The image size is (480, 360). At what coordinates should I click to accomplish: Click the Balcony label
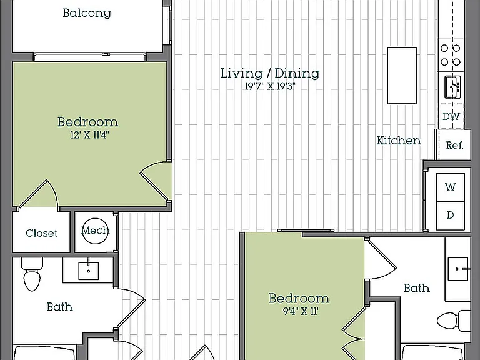pyautogui.click(x=87, y=13)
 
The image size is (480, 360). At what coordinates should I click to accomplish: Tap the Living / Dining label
pyautogui.click(x=270, y=74)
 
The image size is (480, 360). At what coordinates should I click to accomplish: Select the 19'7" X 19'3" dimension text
pyautogui.click(x=270, y=87)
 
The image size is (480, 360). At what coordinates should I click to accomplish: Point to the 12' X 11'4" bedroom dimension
pyautogui.click(x=89, y=135)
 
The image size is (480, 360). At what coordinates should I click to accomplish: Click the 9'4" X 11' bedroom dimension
pyautogui.click(x=300, y=311)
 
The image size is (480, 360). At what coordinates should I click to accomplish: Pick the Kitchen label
pyautogui.click(x=399, y=141)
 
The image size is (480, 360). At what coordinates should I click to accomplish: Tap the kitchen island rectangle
pyautogui.click(x=402, y=76)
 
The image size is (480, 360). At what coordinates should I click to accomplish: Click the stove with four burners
pyautogui.click(x=450, y=55)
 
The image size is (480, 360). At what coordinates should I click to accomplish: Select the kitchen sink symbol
pyautogui.click(x=452, y=87)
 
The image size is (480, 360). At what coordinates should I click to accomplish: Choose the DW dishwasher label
pyautogui.click(x=451, y=116)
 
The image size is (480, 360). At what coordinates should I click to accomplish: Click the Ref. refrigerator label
pyautogui.click(x=454, y=145)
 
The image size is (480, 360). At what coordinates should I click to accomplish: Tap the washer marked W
pyautogui.click(x=450, y=187)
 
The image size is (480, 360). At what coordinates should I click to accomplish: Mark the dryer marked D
pyautogui.click(x=450, y=216)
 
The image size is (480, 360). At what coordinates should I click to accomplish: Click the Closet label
pyautogui.click(x=41, y=233)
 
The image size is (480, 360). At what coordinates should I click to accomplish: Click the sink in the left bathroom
pyautogui.click(x=89, y=271)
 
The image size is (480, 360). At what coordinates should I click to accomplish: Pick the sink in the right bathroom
pyautogui.click(x=458, y=269)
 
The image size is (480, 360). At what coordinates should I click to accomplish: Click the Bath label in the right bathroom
pyautogui.click(x=416, y=288)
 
